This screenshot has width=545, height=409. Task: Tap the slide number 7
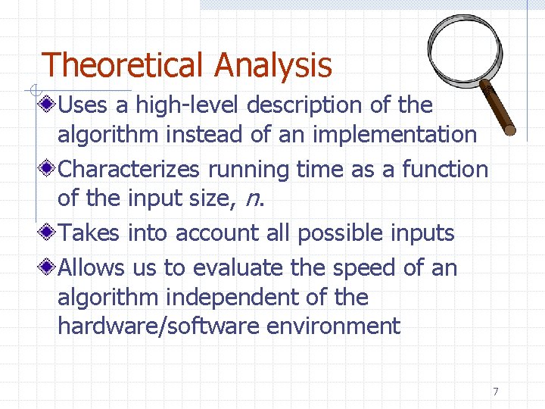pos(495,392)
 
